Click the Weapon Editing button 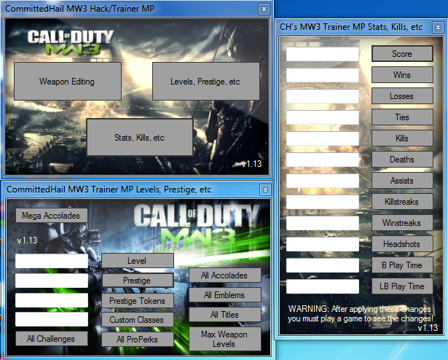[67, 82]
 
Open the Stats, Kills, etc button [140, 137]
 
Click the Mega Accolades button [52, 215]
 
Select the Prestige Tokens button [138, 300]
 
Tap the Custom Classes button [138, 320]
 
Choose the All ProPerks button [138, 339]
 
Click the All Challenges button [52, 339]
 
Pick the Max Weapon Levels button [224, 339]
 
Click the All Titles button [224, 315]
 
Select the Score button [402, 54]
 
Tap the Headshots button [402, 244]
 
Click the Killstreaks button [402, 202]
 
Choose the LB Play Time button [402, 286]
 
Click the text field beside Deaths [323, 160]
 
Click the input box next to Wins [323, 75]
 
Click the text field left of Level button [52, 261]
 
